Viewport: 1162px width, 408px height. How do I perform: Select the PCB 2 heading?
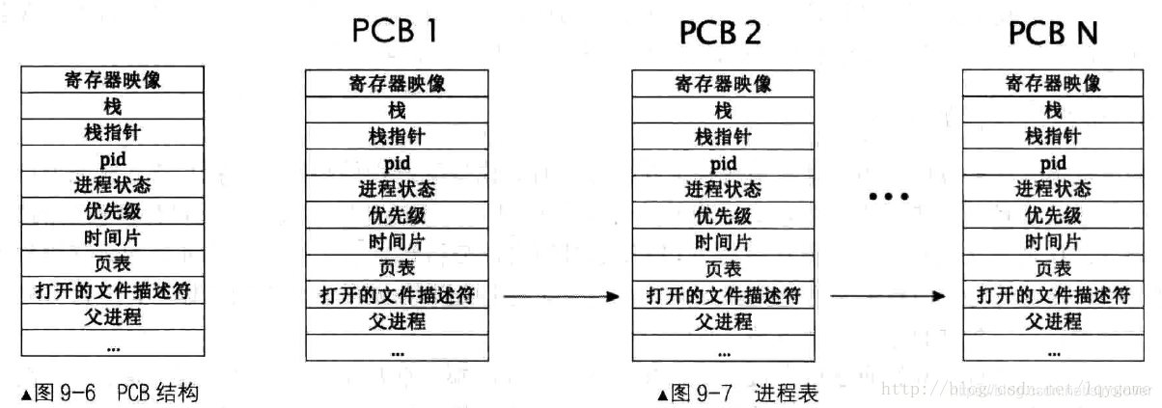coord(720,32)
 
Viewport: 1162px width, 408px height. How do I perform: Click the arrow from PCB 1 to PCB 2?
coord(560,296)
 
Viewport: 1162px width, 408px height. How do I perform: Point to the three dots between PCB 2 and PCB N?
coord(888,197)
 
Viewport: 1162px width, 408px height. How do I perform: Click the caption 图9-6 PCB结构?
coord(108,393)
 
